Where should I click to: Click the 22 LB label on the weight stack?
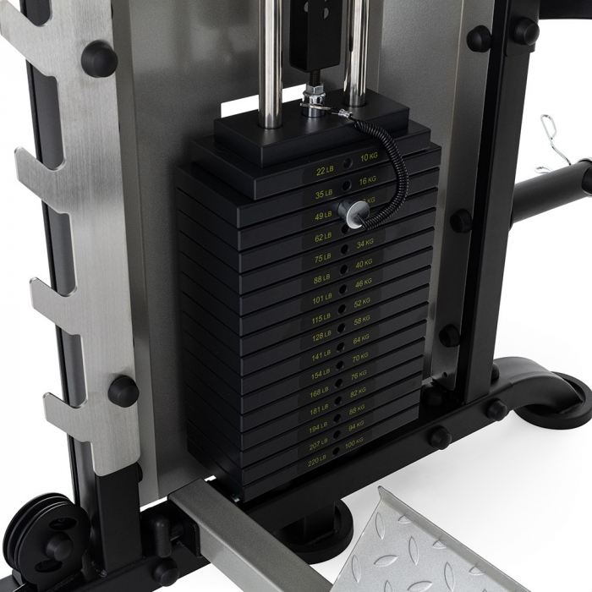click(x=325, y=172)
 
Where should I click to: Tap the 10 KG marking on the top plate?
click(x=369, y=158)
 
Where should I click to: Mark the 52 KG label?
click(x=362, y=303)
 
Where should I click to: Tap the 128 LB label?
click(x=321, y=336)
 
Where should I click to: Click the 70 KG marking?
click(x=359, y=358)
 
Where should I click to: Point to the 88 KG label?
click(x=356, y=409)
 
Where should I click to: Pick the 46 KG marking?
click(x=363, y=283)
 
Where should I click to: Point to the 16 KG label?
click(x=367, y=181)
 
